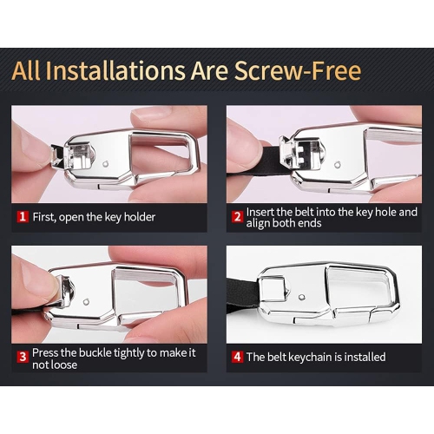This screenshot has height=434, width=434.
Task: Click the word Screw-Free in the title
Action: tap(298, 70)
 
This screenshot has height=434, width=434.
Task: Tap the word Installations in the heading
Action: tap(115, 70)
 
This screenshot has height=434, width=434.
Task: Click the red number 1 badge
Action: tap(23, 217)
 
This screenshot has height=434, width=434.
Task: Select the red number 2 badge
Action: tap(237, 217)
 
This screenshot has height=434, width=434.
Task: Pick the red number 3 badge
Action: tap(23, 357)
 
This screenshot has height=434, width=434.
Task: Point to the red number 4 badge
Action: tap(237, 357)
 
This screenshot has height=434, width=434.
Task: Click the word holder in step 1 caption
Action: tap(140, 217)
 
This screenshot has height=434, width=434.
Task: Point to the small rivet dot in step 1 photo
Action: tap(106, 164)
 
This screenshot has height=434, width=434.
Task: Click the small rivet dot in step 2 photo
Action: tap(337, 165)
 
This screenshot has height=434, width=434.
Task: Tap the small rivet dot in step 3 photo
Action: tap(86, 302)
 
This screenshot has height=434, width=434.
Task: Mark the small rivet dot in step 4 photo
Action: tap(301, 297)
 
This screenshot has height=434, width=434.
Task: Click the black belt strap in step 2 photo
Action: tap(272, 160)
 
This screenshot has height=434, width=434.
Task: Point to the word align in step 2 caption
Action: tap(258, 223)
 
